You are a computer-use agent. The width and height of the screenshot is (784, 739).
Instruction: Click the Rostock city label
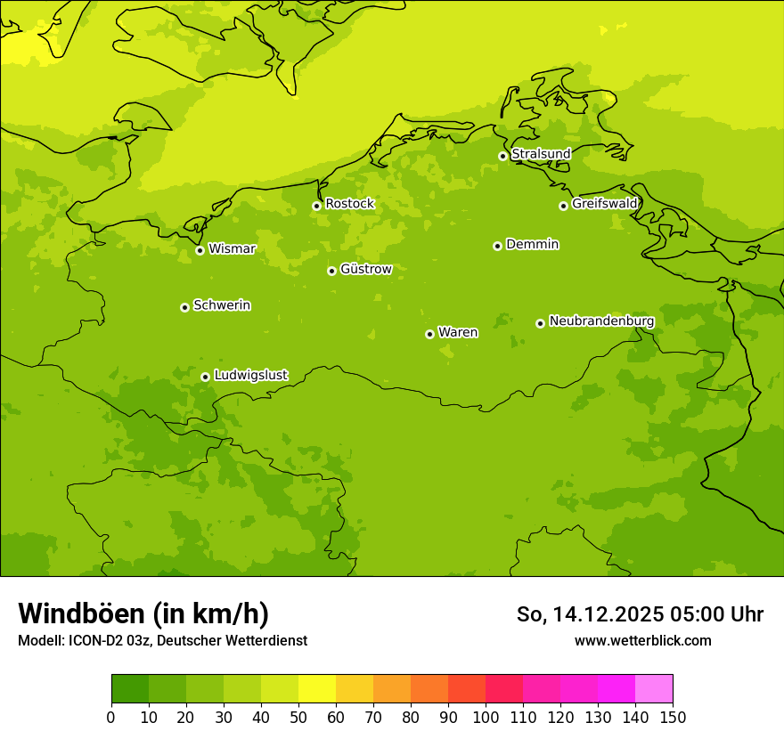[x=349, y=204]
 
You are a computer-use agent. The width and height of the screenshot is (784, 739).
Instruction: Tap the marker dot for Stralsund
[x=502, y=156]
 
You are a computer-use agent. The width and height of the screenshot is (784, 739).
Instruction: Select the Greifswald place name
[x=605, y=204]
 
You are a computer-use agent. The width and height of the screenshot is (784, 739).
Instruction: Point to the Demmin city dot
[x=497, y=246]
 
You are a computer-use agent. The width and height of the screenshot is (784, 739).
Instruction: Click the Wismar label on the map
[x=232, y=249]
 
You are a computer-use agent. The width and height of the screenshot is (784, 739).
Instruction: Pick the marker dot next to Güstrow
[x=331, y=271]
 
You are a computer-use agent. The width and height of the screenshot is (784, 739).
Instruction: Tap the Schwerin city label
[x=222, y=305]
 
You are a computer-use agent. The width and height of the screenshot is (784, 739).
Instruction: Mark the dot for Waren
[x=429, y=334]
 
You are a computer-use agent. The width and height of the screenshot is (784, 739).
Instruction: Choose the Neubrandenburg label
[x=601, y=321]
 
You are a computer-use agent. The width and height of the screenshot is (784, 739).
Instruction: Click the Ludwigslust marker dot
[x=205, y=377]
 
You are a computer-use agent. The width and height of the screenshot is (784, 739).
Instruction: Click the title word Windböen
[x=80, y=613]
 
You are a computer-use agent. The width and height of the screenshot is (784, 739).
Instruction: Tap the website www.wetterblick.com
[x=642, y=641]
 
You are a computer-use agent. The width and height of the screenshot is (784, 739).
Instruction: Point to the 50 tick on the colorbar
[x=298, y=717]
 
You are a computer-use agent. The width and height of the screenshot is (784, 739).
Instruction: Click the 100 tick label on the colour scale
[x=486, y=717]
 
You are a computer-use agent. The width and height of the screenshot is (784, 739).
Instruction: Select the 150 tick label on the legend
[x=673, y=717]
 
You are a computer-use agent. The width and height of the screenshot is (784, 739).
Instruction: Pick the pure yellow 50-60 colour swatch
[x=317, y=689]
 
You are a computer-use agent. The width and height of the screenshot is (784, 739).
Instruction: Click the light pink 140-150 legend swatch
[x=654, y=689]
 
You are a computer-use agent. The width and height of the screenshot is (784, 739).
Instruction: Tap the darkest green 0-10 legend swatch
[x=130, y=689]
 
